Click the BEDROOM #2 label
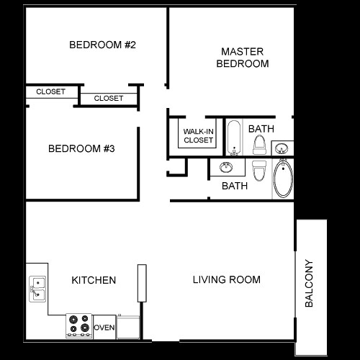(103, 45)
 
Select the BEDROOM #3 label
(82, 149)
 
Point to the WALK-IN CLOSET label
(198, 135)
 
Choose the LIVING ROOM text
(226, 279)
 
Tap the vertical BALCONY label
(310, 284)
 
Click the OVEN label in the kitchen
(104, 328)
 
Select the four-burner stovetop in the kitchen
(79, 325)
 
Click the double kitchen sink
(37, 289)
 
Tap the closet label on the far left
(50, 91)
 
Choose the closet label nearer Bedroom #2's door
(109, 98)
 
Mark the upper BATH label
(261, 129)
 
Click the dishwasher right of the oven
(127, 326)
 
